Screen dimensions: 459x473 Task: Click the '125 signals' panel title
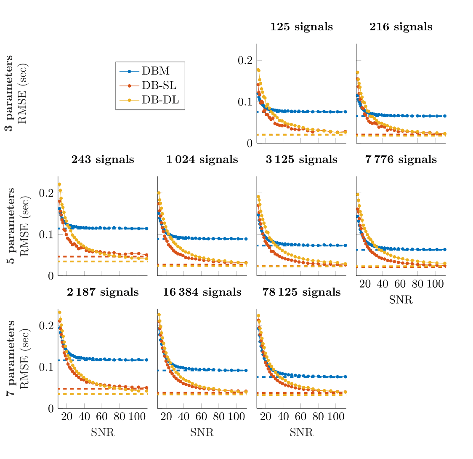click(301, 27)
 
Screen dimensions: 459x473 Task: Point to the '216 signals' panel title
click(401, 27)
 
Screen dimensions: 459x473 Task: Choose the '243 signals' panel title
click(103, 160)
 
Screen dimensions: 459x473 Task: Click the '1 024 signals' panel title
click(202, 160)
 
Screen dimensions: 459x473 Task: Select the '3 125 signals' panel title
click(301, 160)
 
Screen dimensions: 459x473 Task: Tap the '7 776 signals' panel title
click(401, 160)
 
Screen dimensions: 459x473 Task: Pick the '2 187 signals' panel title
click(103, 293)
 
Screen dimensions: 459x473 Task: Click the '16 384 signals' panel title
click(202, 293)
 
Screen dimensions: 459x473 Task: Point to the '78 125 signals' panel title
click(301, 293)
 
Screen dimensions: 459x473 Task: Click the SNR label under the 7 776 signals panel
click(401, 300)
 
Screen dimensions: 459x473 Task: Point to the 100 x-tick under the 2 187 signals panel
click(137, 417)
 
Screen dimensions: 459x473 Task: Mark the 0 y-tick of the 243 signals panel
click(50, 276)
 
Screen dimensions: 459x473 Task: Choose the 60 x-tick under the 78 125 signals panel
click(300, 417)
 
